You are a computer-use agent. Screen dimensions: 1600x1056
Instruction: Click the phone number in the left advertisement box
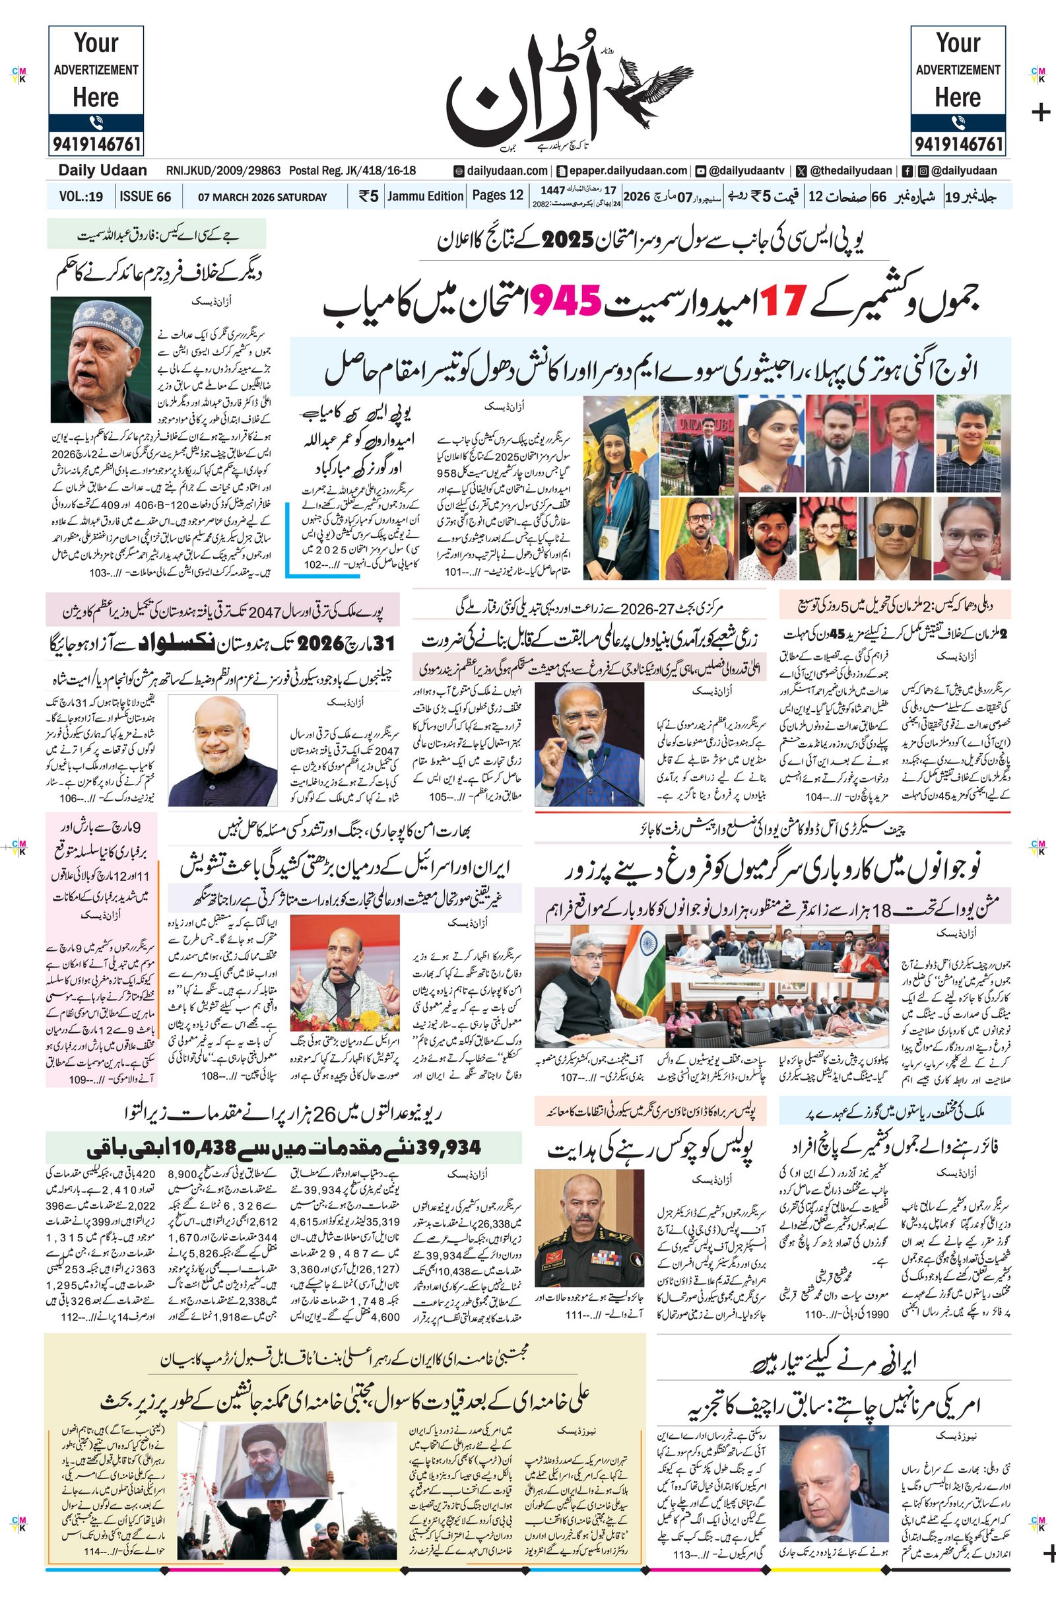click(x=96, y=143)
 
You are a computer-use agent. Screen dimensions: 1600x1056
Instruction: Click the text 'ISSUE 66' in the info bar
click(x=145, y=197)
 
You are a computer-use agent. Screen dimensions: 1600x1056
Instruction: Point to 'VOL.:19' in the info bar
click(x=81, y=197)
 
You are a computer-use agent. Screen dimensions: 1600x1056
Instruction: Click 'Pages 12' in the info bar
click(x=498, y=196)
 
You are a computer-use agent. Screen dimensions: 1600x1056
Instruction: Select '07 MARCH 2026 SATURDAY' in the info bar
click(x=262, y=197)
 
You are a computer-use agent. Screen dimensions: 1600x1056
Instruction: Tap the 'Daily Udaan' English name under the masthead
click(x=102, y=170)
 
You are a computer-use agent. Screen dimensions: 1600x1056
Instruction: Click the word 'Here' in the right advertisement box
click(x=957, y=98)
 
